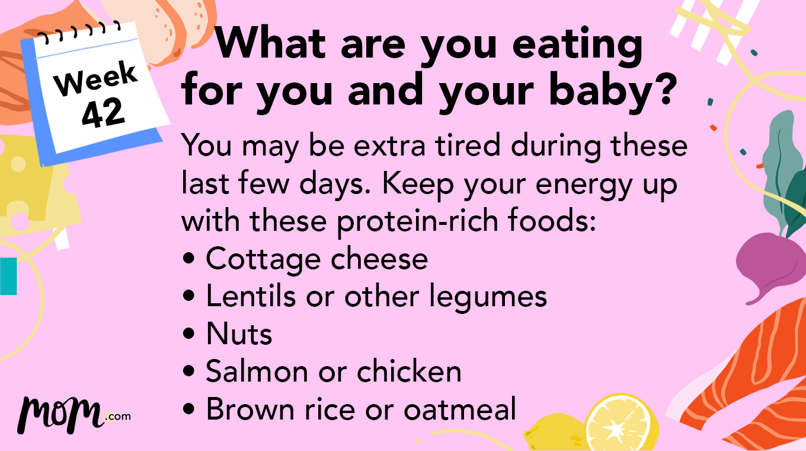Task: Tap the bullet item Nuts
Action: click(239, 334)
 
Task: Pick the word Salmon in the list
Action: click(256, 371)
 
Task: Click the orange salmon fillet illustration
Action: click(753, 380)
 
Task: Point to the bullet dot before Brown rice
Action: click(189, 410)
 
